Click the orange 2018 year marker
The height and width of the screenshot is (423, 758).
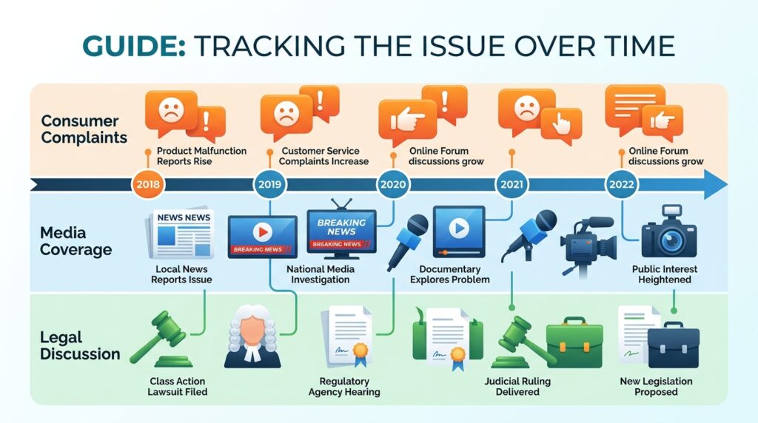coord(148,184)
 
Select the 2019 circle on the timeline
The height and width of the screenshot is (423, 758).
coord(269,184)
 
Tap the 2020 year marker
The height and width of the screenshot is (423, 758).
coord(393,184)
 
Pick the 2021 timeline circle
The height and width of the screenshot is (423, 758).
coord(512,184)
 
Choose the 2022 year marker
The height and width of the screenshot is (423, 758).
coord(621,184)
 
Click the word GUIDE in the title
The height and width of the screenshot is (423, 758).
coord(134,47)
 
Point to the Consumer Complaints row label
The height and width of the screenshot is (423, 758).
coord(84,129)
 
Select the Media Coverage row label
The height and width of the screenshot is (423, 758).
coord(76,241)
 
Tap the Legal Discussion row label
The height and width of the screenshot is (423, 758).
coord(80,345)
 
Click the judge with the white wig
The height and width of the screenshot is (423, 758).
coord(252,336)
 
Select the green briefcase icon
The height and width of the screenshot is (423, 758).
coord(574,342)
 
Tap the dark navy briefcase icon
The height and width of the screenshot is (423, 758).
coord(674,345)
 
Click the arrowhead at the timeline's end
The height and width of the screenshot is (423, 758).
coord(714,184)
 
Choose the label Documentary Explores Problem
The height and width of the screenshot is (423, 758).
coord(449,274)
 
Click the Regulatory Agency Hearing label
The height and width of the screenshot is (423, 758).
coord(344,386)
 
